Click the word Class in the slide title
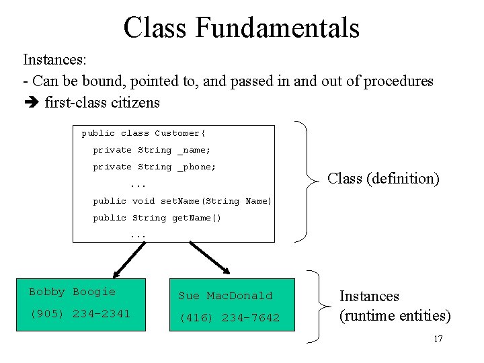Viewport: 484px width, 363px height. point(156,28)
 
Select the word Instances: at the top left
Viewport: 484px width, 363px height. point(54,60)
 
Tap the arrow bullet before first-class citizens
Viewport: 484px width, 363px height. point(31,103)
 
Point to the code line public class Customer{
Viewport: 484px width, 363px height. point(138,133)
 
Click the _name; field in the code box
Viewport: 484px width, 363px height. point(194,150)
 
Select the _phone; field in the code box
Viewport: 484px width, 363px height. point(196,167)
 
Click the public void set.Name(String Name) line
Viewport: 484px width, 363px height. point(182,201)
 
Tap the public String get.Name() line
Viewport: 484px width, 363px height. point(157,218)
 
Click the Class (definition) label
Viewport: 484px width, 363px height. point(383,178)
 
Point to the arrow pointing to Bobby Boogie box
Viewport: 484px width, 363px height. point(129,260)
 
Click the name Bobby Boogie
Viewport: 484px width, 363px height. point(72,292)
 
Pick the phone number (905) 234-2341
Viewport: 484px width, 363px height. point(79,314)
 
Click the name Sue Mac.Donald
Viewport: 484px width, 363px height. point(225,296)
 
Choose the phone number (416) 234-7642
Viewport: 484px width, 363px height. point(229,318)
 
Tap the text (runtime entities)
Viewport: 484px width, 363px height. point(395,315)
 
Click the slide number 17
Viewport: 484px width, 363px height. point(438,339)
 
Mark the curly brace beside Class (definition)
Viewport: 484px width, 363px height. point(307,180)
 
